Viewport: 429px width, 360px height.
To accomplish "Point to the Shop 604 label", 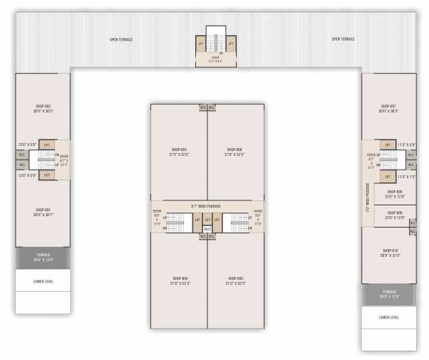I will tap(179, 278).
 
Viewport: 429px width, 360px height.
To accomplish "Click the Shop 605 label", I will tap(235, 278).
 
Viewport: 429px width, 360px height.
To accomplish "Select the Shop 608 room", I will tap(395, 194).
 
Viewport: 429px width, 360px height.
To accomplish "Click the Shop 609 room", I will tap(395, 215).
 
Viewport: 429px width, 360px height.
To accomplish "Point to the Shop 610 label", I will tap(389, 250).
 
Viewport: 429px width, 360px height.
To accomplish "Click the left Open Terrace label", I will tap(121, 39).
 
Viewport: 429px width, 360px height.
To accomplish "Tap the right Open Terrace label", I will tap(343, 39).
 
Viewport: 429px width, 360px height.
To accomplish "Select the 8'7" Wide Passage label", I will tap(206, 205).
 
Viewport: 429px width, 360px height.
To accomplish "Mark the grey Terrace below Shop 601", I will tap(42, 257).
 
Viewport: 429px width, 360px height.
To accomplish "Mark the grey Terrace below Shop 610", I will tap(389, 293).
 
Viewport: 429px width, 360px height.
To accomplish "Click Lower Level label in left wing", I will tap(42, 281).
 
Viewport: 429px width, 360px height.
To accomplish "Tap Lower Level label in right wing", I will tap(389, 316).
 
